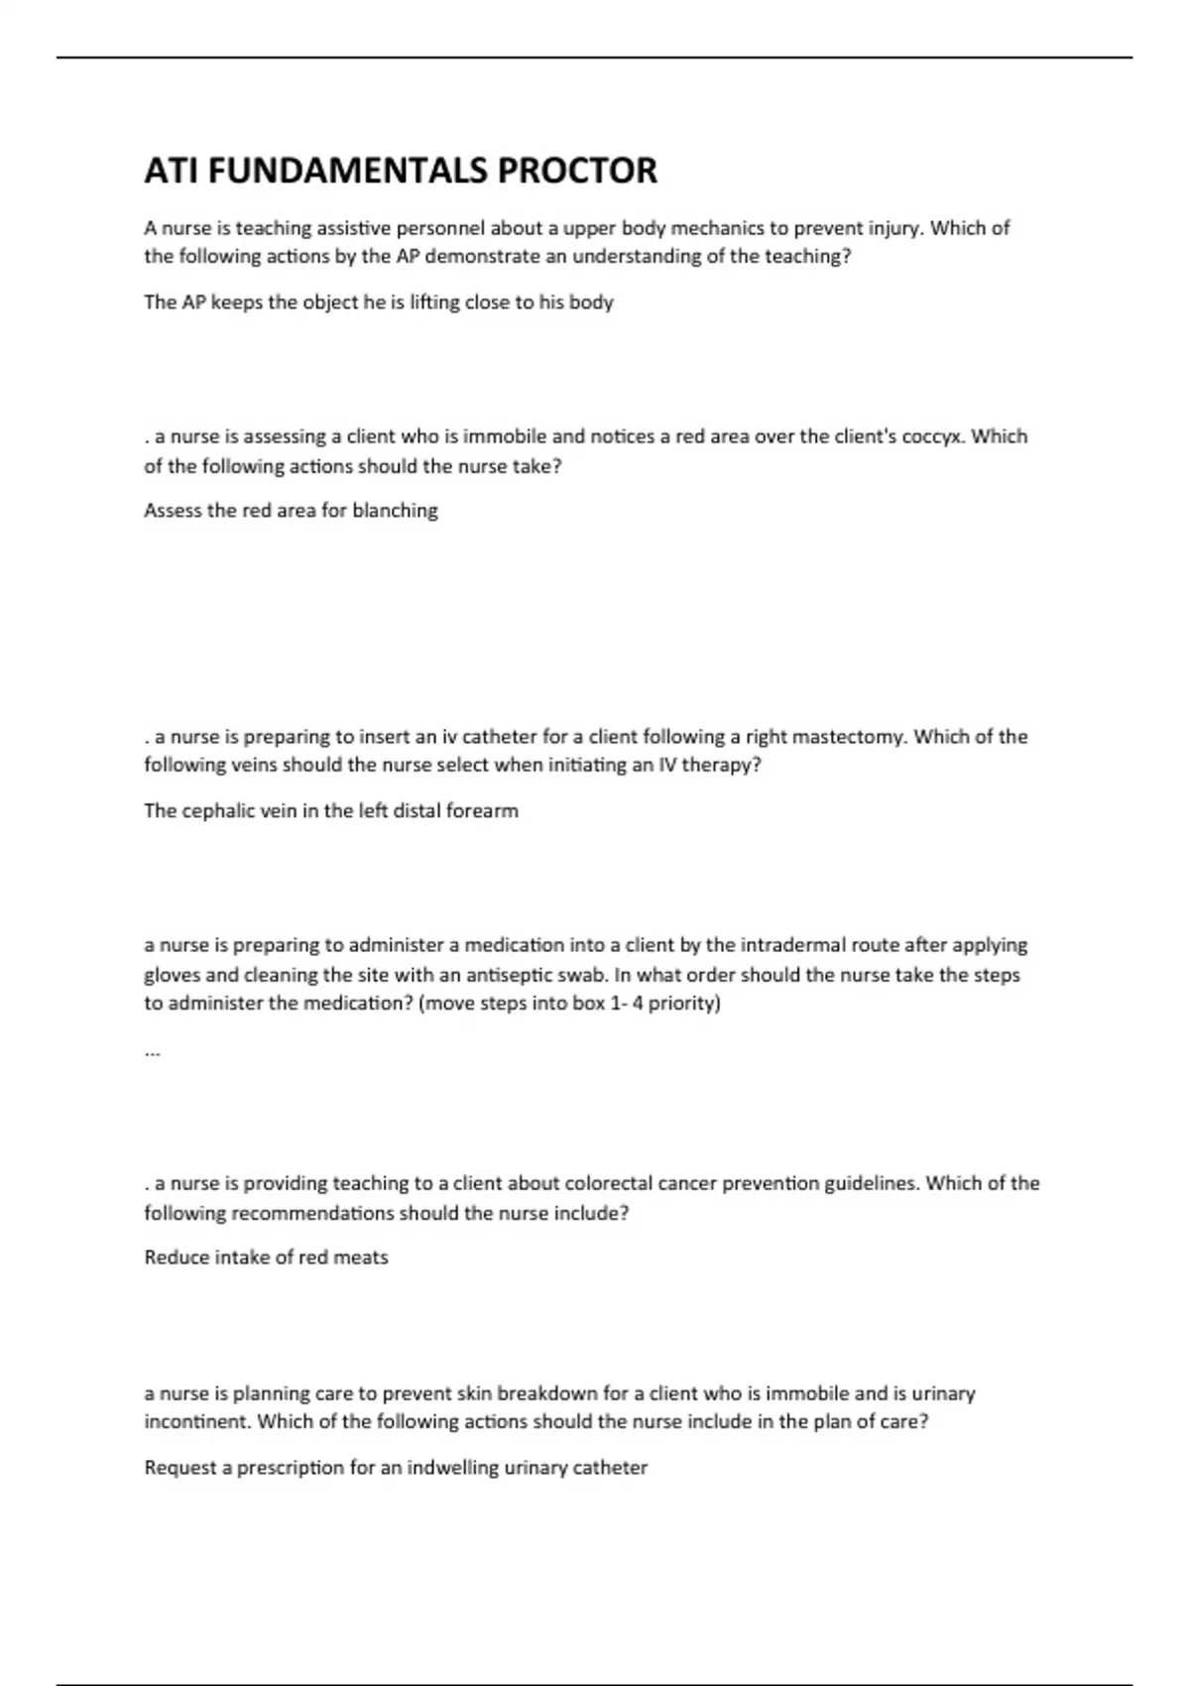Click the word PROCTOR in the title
click(x=576, y=171)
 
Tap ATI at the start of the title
click(x=171, y=171)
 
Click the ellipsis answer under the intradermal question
click(x=152, y=1051)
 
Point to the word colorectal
click(x=610, y=1183)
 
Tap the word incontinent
click(x=197, y=1421)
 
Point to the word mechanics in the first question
click(x=718, y=228)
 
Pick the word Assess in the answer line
click(x=172, y=511)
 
